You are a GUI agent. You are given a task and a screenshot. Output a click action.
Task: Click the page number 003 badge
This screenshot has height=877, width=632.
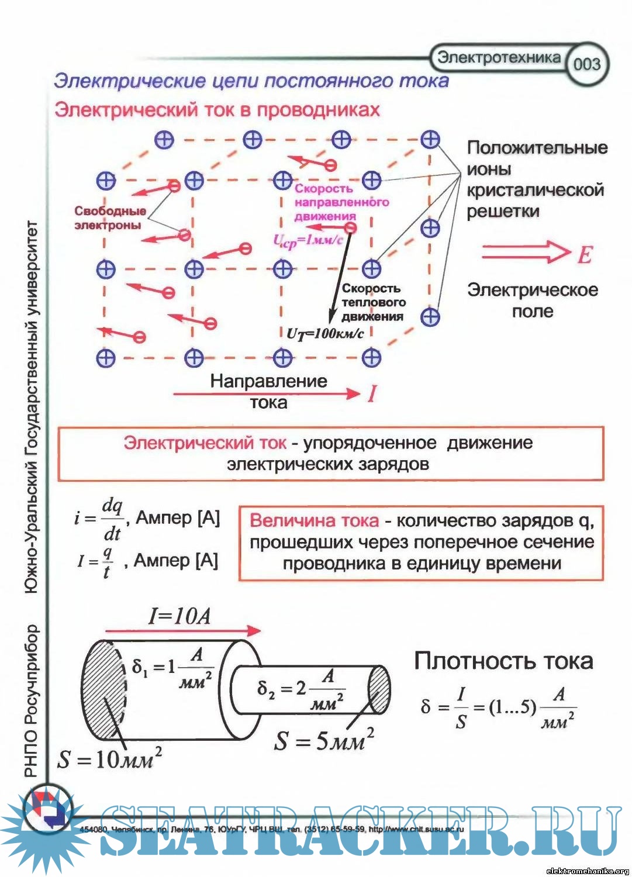pyautogui.click(x=587, y=64)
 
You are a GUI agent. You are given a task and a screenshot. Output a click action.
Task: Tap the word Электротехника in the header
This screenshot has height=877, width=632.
pyautogui.click(x=499, y=57)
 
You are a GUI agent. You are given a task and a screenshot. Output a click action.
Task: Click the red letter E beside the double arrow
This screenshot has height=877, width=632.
pyautogui.click(x=585, y=254)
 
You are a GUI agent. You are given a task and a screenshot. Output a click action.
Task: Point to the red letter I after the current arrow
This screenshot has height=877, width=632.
pyautogui.click(x=372, y=394)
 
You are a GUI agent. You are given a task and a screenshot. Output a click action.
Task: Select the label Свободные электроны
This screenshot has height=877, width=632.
pyautogui.click(x=109, y=218)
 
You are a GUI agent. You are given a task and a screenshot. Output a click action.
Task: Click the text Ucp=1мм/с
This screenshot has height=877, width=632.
pyautogui.click(x=306, y=240)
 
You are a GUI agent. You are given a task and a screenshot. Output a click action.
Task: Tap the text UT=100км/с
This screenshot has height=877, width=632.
pyautogui.click(x=325, y=334)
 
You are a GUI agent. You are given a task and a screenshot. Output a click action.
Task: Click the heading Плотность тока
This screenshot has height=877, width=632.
pyautogui.click(x=503, y=661)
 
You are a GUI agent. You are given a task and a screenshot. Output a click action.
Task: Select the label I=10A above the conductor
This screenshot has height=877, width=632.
pyautogui.click(x=179, y=616)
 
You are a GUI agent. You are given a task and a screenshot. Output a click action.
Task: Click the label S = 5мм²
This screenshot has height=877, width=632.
pyautogui.click(x=323, y=741)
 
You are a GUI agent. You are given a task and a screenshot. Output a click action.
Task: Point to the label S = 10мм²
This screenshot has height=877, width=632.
pyautogui.click(x=109, y=759)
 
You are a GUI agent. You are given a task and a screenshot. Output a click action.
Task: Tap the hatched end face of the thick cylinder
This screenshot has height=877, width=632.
pyautogui.click(x=104, y=690)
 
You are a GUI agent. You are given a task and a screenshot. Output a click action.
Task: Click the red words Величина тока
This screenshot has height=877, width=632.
pyautogui.click(x=314, y=520)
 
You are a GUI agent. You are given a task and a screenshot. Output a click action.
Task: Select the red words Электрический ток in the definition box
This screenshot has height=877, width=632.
pyautogui.click(x=205, y=443)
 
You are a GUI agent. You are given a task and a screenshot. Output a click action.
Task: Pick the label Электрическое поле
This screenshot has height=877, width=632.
pyautogui.click(x=532, y=301)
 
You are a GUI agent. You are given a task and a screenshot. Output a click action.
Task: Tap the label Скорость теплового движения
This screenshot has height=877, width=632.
pyautogui.click(x=372, y=302)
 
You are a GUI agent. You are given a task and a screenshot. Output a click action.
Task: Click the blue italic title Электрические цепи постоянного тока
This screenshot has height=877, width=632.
pyautogui.click(x=251, y=81)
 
